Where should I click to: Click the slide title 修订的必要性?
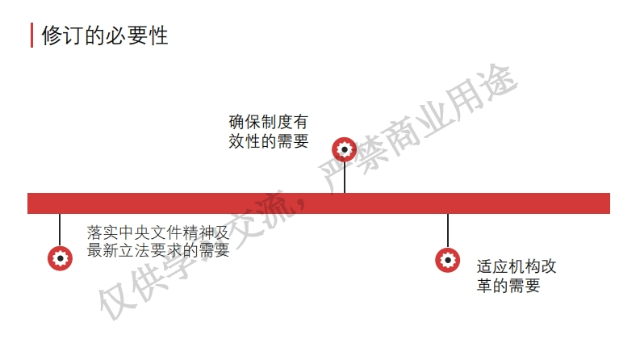pos(104,36)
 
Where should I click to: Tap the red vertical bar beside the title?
pos(32,36)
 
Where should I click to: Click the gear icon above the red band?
pos(345,149)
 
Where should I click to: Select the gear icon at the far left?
pos(60,257)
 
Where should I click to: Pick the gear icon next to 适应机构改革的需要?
pos(447,260)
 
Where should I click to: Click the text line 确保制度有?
pos(269,123)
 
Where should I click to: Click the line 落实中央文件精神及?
pos(158,232)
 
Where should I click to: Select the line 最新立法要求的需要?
pos(158,251)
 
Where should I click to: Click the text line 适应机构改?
pos(517,266)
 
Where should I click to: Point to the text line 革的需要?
pos(508,286)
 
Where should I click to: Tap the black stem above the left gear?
pos(60,229)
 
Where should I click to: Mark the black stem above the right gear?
pos(448,231)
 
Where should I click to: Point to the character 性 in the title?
pos(158,36)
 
